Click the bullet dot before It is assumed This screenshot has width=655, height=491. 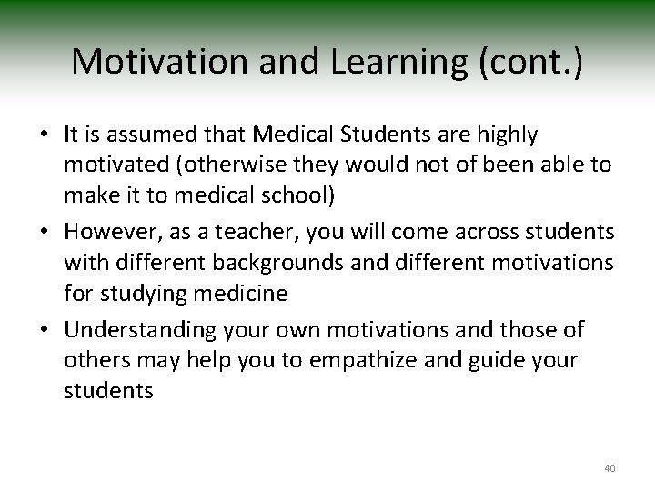(x=43, y=136)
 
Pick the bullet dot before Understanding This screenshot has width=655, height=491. (x=43, y=327)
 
